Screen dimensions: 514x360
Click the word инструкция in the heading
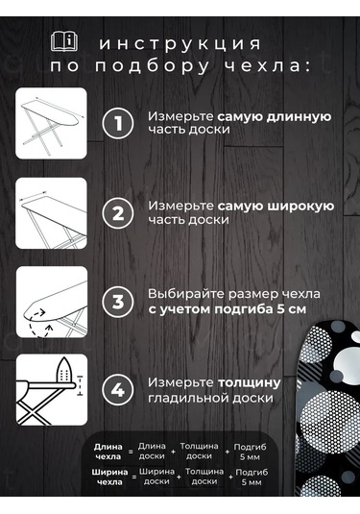pos(180,44)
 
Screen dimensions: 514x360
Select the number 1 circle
pos(117,123)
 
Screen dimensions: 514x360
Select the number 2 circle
pos(117,212)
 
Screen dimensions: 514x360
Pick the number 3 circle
pos(117,301)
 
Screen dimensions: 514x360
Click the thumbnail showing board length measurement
pos(52,123)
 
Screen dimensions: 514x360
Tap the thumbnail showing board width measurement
pos(52,212)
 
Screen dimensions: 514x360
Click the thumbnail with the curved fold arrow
pos(52,301)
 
